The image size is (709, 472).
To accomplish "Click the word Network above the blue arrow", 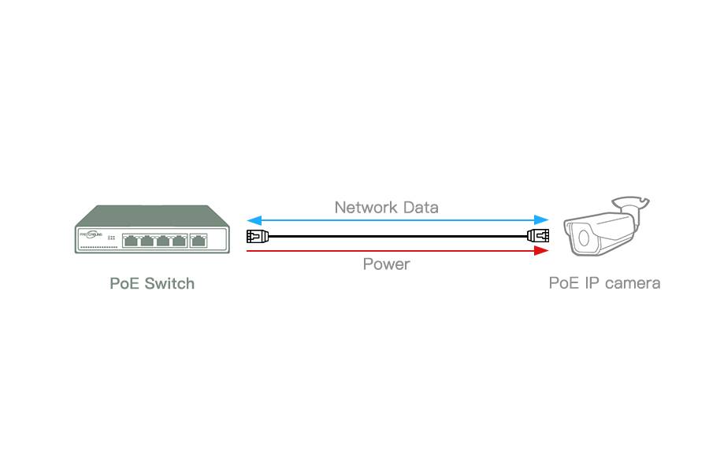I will click(364, 208).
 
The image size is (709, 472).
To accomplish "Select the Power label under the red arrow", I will click(386, 264).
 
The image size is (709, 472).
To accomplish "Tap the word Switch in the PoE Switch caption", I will click(168, 283).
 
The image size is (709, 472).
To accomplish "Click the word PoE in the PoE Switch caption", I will click(124, 283).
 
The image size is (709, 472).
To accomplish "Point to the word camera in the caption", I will click(633, 283).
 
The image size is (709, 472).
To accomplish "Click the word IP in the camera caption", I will click(592, 283).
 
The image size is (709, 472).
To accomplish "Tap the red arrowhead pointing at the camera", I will click(541, 251).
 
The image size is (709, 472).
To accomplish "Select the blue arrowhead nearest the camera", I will click(541, 219).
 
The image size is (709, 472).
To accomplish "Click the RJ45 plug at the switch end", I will click(258, 235).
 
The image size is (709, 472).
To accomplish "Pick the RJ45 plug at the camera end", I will click(538, 235).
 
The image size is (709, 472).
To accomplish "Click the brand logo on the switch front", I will click(92, 234).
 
